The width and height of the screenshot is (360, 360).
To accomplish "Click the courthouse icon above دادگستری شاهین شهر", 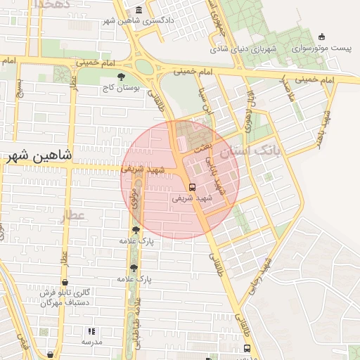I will click(138, 10).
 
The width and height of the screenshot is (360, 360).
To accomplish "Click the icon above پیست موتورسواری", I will click(322, 37).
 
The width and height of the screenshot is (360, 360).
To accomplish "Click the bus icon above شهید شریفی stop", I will click(193, 186).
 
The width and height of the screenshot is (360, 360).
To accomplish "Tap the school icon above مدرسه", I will click(91, 331).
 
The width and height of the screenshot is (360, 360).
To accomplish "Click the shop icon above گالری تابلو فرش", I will click(64, 282).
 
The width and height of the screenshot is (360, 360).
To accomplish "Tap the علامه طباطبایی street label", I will click(138, 323).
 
